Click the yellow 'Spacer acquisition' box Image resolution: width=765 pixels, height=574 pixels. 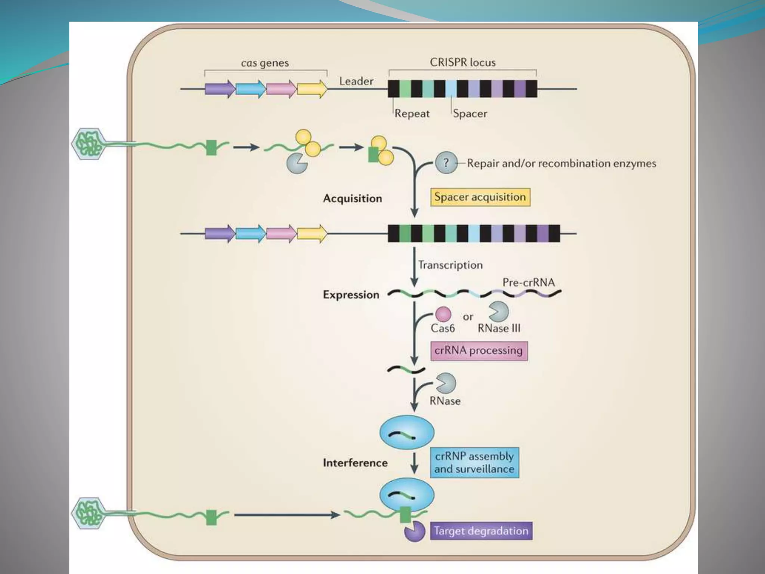click(x=480, y=197)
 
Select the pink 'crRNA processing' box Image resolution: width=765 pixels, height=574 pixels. click(x=479, y=351)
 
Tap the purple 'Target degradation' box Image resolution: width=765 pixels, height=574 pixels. click(x=481, y=531)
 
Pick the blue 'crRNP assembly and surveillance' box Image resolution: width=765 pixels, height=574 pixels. click(x=474, y=462)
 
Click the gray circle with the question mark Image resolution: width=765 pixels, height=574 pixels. click(x=446, y=163)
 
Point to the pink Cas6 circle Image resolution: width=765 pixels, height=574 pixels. click(x=443, y=314)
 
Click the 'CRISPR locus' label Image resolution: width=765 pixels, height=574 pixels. click(x=462, y=62)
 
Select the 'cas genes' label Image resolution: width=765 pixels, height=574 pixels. click(x=265, y=63)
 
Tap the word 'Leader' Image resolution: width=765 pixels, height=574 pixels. click(x=356, y=81)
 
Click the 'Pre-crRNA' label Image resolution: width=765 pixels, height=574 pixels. click(x=529, y=282)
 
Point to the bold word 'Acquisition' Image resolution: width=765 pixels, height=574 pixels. click(x=352, y=198)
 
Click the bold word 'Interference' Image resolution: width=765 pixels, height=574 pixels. click(x=355, y=463)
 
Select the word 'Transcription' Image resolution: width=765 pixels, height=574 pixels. click(x=450, y=265)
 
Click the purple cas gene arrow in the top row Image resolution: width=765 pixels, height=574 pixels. click(x=220, y=89)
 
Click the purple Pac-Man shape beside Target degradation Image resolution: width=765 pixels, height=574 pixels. click(x=415, y=531)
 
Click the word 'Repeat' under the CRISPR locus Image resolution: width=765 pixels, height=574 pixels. click(x=412, y=113)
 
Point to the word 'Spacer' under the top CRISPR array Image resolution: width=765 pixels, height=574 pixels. click(x=470, y=113)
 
